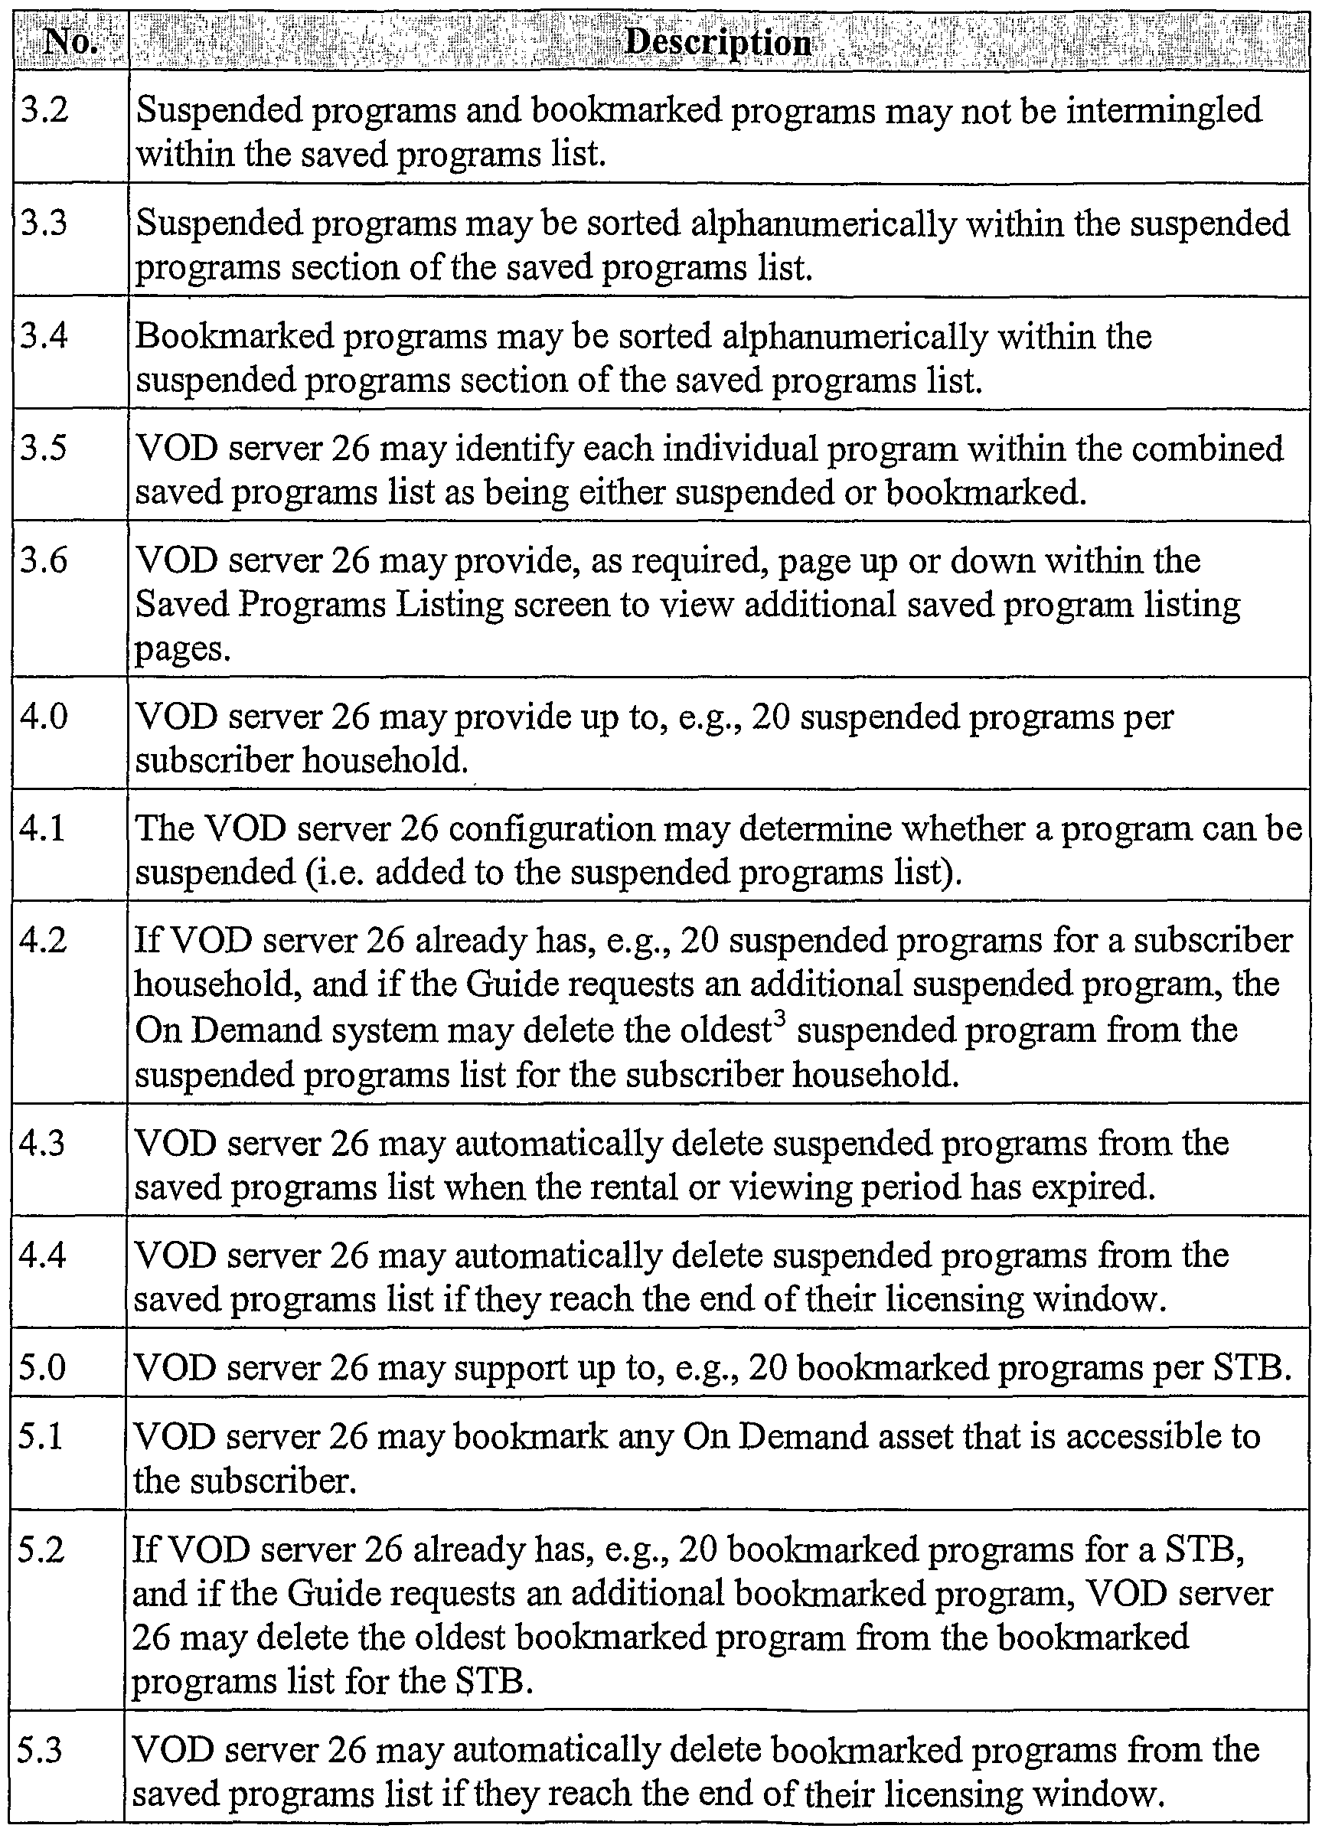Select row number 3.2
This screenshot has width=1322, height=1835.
coord(45,110)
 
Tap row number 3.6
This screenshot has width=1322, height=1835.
coord(45,560)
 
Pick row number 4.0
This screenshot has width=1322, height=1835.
coord(45,717)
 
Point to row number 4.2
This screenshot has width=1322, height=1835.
coord(45,940)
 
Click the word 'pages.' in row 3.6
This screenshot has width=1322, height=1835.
coord(183,649)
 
